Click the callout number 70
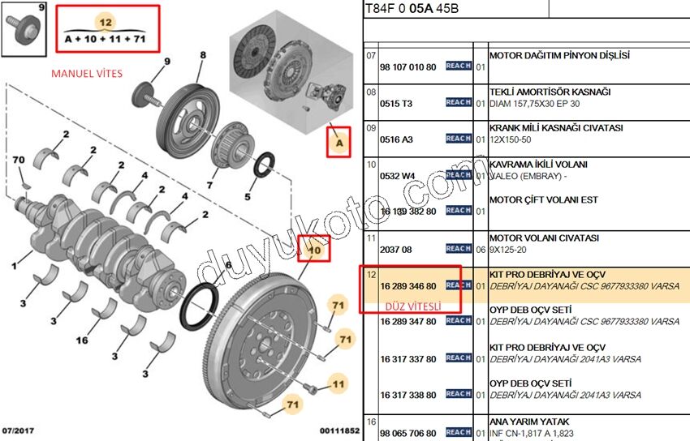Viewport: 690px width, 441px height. point(18,159)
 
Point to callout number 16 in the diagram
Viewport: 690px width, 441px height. point(81,340)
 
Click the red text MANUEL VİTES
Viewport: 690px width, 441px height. point(87,74)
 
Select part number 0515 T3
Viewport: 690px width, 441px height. point(396,103)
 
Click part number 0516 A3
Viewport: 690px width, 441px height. point(396,139)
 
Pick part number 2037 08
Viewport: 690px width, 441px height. point(396,250)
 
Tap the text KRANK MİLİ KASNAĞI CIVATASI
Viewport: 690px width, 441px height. point(555,128)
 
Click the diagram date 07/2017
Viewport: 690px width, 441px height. point(18,430)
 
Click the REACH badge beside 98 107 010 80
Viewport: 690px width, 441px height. point(459,66)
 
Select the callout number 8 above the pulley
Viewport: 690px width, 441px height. point(202,55)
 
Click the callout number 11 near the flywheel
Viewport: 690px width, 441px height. point(335,381)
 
